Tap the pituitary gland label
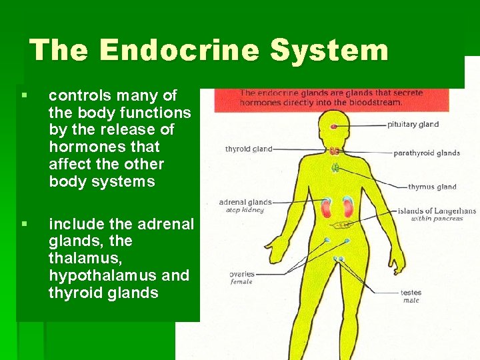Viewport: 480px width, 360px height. pyautogui.click(x=413, y=124)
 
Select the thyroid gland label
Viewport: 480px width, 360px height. pyautogui.click(x=249, y=149)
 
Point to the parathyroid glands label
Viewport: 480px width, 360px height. pyautogui.click(x=427, y=153)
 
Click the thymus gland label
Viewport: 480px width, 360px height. pyautogui.click(x=432, y=187)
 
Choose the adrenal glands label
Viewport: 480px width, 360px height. pyautogui.click(x=245, y=202)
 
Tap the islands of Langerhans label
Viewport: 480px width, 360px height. pyautogui.click(x=437, y=211)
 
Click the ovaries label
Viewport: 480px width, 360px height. pyautogui.click(x=241, y=274)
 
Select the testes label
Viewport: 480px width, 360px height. pyautogui.click(x=411, y=293)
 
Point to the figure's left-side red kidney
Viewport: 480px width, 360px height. pyautogui.click(x=327, y=207)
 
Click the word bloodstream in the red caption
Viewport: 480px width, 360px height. pyautogui.click(x=376, y=103)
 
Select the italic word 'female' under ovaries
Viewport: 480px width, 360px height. pyautogui.click(x=241, y=282)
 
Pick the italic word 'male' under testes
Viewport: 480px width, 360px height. pyautogui.click(x=411, y=301)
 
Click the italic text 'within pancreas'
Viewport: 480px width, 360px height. pyautogui.click(x=437, y=219)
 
